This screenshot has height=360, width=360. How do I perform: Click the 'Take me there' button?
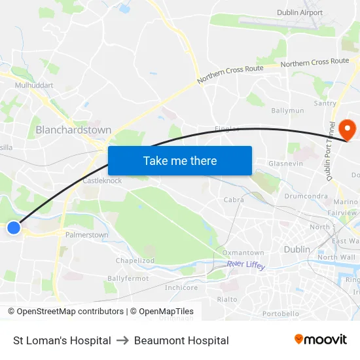pyautogui.click(x=180, y=160)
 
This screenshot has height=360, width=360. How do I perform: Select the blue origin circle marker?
pyautogui.click(x=14, y=228)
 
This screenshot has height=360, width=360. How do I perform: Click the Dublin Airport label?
pyautogui.click(x=300, y=12)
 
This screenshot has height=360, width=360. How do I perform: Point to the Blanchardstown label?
pyautogui.click(x=73, y=130)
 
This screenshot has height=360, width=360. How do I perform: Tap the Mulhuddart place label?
pyautogui.click(x=34, y=85)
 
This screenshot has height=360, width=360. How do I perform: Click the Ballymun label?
pyautogui.click(x=288, y=111)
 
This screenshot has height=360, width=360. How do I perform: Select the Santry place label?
pyautogui.click(x=325, y=103)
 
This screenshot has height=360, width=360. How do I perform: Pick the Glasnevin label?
pyautogui.click(x=285, y=163)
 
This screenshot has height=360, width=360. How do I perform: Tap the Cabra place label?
pyautogui.click(x=234, y=200)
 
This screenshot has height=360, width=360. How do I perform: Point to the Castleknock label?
pyautogui.click(x=102, y=181)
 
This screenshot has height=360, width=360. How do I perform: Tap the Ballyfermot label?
pyautogui.click(x=128, y=278)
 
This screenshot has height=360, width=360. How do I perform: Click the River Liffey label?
pyautogui.click(x=246, y=264)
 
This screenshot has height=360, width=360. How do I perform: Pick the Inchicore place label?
pyautogui.click(x=181, y=287)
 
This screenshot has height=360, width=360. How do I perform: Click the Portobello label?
pyautogui.click(x=280, y=314)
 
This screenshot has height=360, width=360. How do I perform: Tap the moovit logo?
pyautogui.click(x=321, y=340)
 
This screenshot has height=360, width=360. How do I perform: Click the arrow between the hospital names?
pyautogui.click(x=122, y=340)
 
